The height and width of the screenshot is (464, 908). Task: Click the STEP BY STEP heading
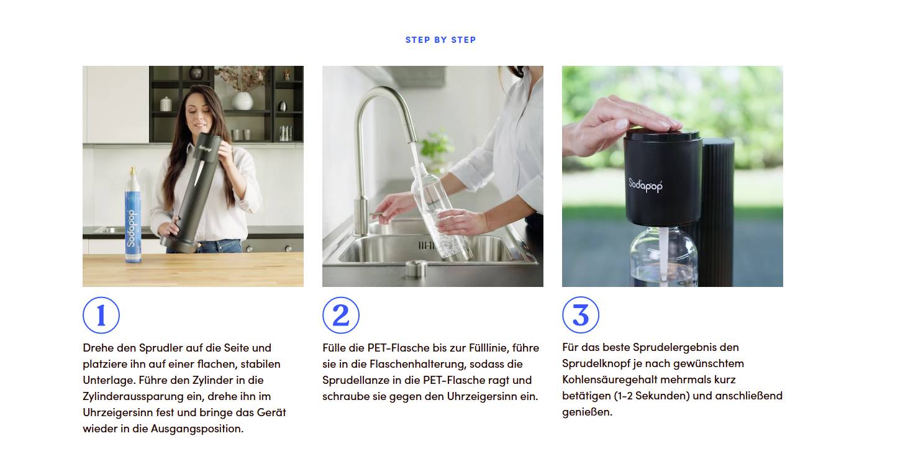pyautogui.click(x=440, y=40)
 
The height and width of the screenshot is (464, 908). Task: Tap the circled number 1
pyautogui.click(x=101, y=316)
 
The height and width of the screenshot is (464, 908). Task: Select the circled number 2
pyautogui.click(x=340, y=316)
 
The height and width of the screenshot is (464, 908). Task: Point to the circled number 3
pyautogui.click(x=580, y=315)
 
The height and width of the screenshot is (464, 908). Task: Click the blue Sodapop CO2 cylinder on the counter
pyautogui.click(x=131, y=217)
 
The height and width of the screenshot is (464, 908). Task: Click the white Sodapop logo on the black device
pyautogui.click(x=645, y=184)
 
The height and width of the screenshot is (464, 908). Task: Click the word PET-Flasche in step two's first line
pyautogui.click(x=397, y=348)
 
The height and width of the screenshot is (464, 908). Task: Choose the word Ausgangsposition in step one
pyautogui.click(x=196, y=429)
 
